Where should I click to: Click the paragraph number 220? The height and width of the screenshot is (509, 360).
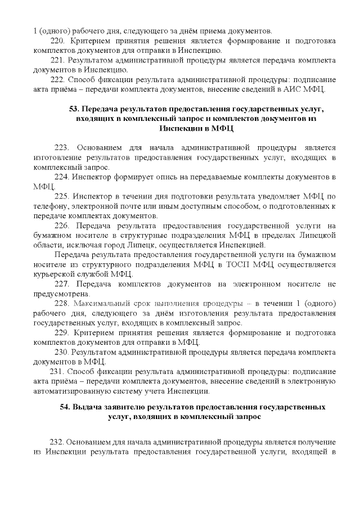pyautogui.click(x=58, y=41)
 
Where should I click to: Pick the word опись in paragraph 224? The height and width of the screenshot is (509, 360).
pyautogui.click(x=164, y=177)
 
